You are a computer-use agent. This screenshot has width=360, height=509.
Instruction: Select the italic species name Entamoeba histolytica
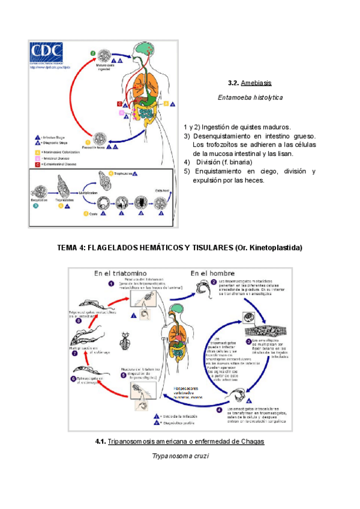(x=250, y=97)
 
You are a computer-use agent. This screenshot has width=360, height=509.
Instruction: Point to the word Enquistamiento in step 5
(x=222, y=172)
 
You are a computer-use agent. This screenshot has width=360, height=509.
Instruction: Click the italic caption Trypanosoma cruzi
(x=180, y=457)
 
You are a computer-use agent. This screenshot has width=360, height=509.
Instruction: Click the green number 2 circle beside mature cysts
(x=93, y=53)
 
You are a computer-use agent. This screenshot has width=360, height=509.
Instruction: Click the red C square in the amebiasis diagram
(x=120, y=104)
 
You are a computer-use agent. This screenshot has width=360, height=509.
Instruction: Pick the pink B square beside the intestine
(x=122, y=113)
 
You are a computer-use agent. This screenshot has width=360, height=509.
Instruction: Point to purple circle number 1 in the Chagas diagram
(x=111, y=284)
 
